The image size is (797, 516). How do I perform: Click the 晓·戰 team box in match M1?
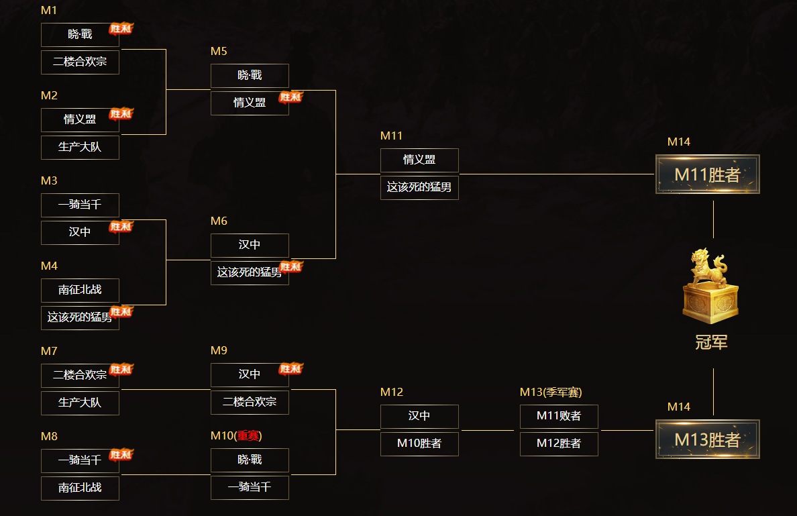[80, 35]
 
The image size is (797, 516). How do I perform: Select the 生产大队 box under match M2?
[80, 147]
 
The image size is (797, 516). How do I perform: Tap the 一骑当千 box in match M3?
[80, 205]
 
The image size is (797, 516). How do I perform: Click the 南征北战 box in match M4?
[80, 291]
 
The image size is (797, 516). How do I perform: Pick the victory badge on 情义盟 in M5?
[291, 97]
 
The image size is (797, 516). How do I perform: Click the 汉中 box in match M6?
[250, 245]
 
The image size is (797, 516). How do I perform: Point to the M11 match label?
[391, 136]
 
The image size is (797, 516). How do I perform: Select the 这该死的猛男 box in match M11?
[419, 187]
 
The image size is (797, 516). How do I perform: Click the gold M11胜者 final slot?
[707, 174]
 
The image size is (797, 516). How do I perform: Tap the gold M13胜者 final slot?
[707, 440]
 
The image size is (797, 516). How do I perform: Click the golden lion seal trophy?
[710, 286]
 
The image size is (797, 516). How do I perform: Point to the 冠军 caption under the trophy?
[711, 343]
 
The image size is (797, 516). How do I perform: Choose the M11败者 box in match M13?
[559, 416]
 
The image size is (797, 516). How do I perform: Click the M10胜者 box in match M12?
[419, 444]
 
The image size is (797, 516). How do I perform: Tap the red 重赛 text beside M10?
[248, 435]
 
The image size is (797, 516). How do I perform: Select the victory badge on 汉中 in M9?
[291, 368]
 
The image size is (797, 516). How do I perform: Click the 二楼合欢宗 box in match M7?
[80, 375]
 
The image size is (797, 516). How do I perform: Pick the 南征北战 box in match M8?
[80, 488]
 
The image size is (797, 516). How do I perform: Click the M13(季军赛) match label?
[551, 392]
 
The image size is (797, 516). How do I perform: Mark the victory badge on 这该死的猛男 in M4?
[121, 311]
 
